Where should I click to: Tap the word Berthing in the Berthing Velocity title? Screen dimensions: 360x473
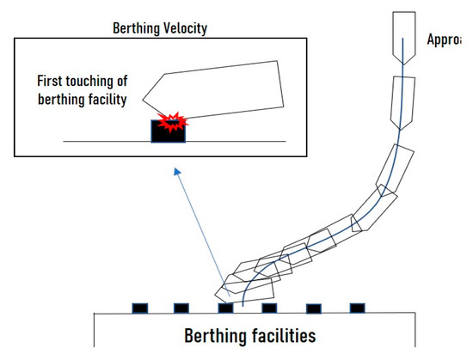pos(135,27)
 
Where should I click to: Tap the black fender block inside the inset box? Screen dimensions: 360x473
pos(164,131)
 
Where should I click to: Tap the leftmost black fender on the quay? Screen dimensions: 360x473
pos(138,307)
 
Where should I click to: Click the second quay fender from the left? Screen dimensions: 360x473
pos(181,307)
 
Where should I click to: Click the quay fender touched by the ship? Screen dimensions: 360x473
pos(225,307)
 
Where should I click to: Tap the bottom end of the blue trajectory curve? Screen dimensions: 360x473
pos(243,304)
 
